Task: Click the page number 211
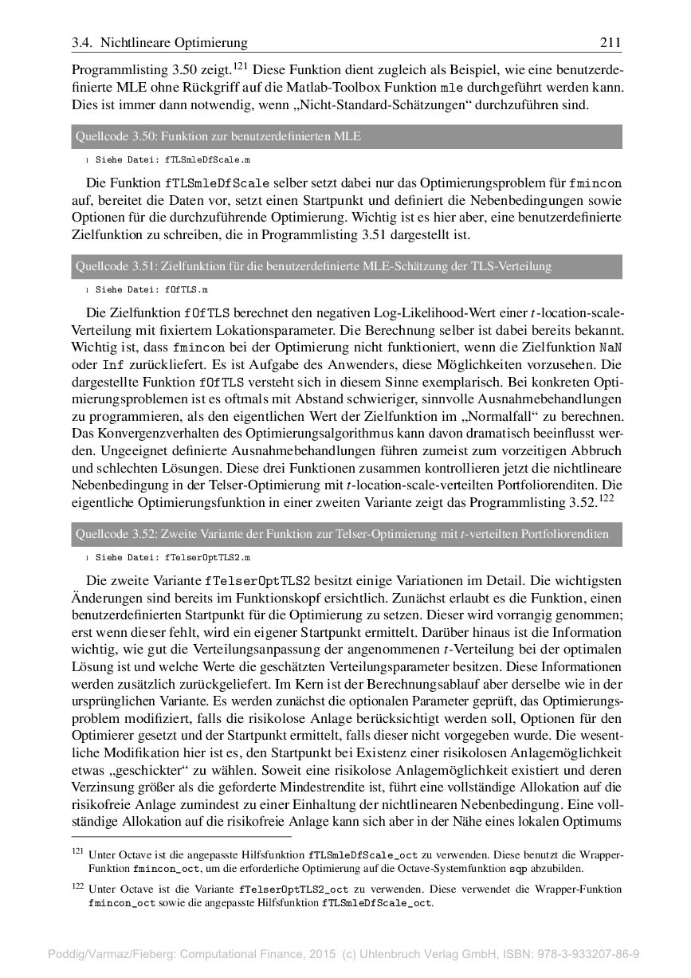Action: click(610, 42)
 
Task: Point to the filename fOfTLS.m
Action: click(186, 290)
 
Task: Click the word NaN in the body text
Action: click(610, 348)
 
